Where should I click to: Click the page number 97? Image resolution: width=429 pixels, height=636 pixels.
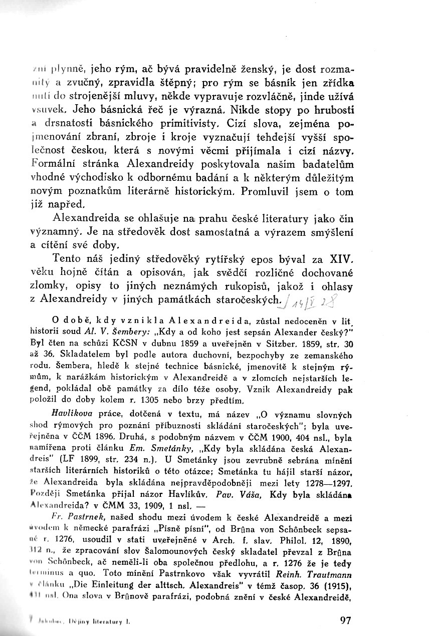click(x=345, y=620)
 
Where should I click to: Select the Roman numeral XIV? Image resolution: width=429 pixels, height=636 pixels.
click(x=341, y=260)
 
